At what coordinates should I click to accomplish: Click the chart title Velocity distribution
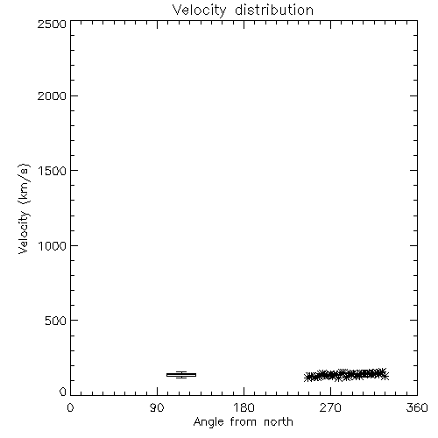point(243,11)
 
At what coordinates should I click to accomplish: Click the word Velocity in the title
point(200,11)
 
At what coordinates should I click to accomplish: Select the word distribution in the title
point(274,10)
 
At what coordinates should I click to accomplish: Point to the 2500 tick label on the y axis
point(52,24)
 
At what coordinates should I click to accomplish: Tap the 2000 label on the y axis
point(52,95)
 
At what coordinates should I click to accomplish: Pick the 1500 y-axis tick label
point(53,171)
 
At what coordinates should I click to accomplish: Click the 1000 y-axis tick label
point(53,245)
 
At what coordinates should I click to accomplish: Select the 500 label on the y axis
point(56,321)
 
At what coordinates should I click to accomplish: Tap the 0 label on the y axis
point(63,392)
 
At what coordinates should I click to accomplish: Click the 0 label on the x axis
point(70,407)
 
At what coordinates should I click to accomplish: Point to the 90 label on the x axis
point(157,407)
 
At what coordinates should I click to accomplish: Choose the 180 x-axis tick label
point(244,407)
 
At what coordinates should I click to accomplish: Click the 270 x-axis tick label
point(330,407)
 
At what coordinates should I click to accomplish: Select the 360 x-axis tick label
point(417,407)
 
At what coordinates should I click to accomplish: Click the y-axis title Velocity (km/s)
point(24,208)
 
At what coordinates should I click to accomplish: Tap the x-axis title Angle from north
point(244,422)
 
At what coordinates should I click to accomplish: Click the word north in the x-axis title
point(279,421)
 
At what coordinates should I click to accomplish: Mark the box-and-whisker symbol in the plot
point(181,375)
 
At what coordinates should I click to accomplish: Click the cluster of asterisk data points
point(346,375)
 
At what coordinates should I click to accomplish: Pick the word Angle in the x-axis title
point(208,422)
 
